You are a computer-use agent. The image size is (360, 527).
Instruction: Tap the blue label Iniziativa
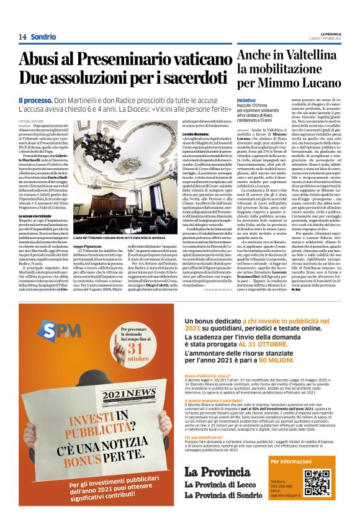pyautogui.click(x=246, y=99)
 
